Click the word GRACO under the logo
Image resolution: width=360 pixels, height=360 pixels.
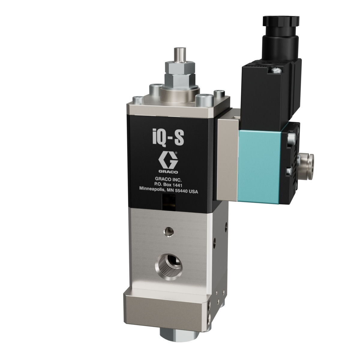coord(168,172)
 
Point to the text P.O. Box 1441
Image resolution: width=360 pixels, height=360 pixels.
coord(168,185)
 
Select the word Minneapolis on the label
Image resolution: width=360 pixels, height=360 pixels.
coord(153,189)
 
